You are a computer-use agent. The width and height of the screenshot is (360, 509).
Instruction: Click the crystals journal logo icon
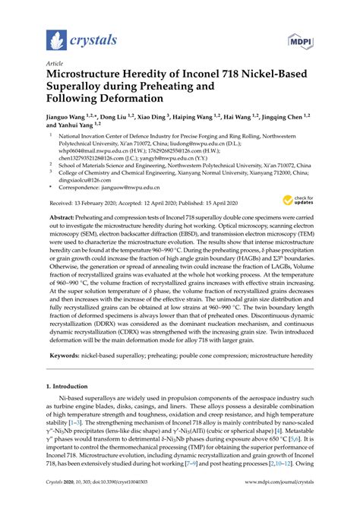[55, 39]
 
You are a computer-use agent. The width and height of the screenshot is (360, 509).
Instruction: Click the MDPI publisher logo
[300, 38]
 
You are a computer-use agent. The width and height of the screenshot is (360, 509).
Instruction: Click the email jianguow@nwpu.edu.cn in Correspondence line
[140, 187]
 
